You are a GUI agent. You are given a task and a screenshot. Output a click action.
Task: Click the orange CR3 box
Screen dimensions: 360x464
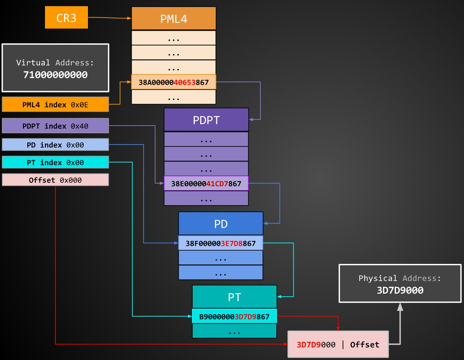66,18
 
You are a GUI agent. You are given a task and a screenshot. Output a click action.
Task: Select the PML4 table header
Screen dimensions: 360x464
174,19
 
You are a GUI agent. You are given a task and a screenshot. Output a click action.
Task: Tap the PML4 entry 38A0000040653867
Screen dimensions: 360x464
174,82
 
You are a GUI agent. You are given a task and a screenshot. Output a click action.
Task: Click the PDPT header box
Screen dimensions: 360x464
206,120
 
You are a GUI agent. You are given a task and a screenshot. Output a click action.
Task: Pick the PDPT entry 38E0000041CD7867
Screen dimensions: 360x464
206,184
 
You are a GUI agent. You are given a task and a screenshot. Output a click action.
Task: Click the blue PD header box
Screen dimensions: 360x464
221,224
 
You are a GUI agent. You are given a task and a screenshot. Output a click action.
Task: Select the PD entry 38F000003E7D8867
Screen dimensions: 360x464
221,243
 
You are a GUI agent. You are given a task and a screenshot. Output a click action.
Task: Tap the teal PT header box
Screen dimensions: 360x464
234,297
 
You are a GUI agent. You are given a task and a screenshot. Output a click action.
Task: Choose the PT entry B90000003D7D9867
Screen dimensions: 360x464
234,316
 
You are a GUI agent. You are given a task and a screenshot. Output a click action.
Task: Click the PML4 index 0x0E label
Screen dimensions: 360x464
55,104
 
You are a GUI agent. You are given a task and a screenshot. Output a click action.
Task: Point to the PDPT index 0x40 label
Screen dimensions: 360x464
55,126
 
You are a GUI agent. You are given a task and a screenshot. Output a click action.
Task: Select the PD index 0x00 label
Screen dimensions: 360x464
55,145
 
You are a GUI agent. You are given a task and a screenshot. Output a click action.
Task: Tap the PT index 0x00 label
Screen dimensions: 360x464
55,162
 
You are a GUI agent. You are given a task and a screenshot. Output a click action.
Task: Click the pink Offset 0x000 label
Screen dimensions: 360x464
55,180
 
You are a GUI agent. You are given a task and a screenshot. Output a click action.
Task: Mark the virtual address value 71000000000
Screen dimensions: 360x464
55,75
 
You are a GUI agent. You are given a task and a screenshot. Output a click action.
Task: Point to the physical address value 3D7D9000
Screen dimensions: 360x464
400,290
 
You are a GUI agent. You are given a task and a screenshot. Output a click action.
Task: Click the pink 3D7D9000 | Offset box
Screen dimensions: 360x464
338,344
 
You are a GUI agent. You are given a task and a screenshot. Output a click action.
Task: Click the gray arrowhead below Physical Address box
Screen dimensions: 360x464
400,307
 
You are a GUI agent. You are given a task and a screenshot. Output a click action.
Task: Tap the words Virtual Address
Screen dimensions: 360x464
55,63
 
